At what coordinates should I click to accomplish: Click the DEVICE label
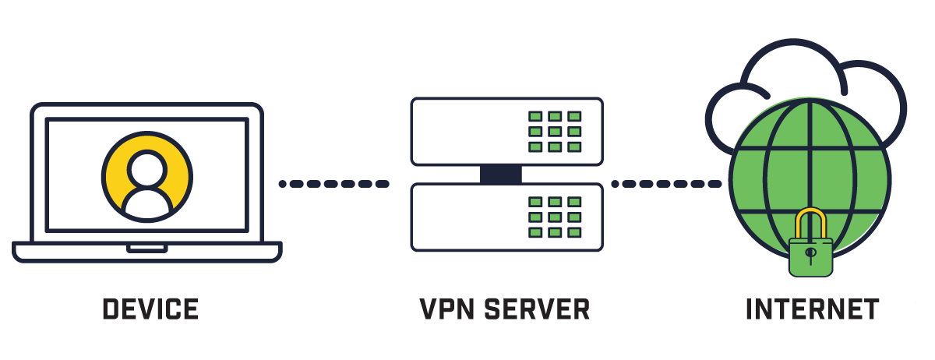tap(150, 309)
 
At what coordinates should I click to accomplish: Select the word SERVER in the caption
tap(537, 309)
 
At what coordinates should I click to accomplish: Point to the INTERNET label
tap(812, 309)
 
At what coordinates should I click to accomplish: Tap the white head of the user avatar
tap(147, 166)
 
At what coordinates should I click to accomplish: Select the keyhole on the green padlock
tap(810, 255)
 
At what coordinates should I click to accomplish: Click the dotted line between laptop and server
tap(333, 184)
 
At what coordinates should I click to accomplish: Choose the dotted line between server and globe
tap(666, 184)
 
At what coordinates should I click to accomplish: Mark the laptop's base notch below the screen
tap(147, 249)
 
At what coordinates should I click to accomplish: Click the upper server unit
tap(467, 131)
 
